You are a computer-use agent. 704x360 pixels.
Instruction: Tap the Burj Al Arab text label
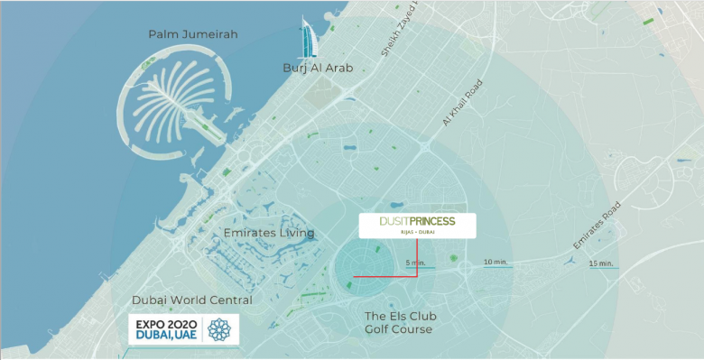click(x=315, y=68)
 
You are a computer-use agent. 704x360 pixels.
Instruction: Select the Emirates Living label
click(x=269, y=233)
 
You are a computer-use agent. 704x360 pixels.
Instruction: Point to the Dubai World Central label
click(x=192, y=300)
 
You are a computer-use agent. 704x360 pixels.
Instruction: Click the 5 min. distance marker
click(x=415, y=263)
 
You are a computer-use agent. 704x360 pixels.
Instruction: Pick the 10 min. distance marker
click(x=496, y=262)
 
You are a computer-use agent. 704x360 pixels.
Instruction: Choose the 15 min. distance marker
click(x=601, y=263)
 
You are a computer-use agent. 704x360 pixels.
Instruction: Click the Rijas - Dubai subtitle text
click(x=418, y=233)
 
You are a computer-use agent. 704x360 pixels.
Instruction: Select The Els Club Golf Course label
click(x=401, y=322)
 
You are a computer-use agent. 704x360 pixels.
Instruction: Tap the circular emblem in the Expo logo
click(x=219, y=329)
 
